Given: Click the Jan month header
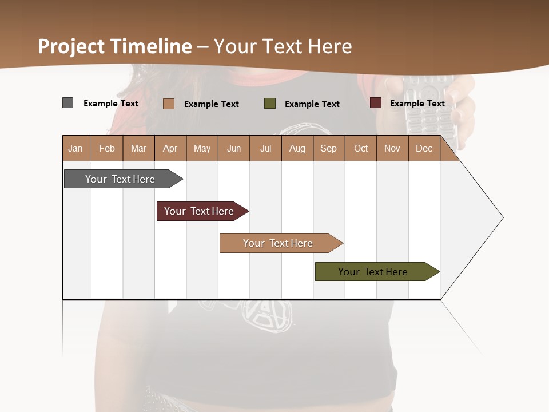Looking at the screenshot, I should click(75, 148).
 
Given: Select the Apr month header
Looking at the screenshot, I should click(170, 148).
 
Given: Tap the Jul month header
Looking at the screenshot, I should click(265, 148).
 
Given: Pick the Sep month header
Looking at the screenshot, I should click(328, 148).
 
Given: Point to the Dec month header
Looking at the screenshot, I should click(424, 148).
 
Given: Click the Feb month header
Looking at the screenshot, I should click(107, 148).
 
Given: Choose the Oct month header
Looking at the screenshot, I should click(361, 148).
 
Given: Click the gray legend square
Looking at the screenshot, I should click(67, 103).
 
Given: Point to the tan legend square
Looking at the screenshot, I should click(168, 104).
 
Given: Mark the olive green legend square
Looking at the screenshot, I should click(270, 104).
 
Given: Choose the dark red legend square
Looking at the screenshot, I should click(375, 103).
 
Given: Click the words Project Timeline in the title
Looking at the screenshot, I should click(115, 46).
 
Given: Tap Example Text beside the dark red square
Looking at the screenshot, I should click(417, 104).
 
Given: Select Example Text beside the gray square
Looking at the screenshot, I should click(111, 104).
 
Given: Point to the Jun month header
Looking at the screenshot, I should click(234, 148).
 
